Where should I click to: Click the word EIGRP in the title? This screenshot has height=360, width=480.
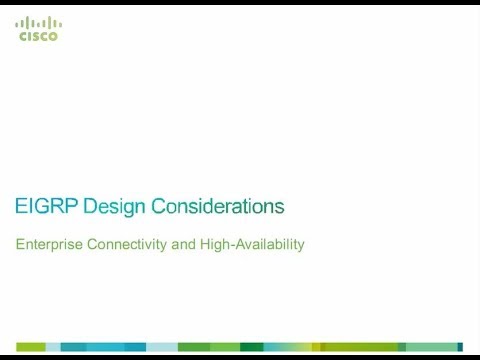tap(47, 207)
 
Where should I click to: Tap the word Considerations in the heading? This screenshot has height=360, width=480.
tap(218, 207)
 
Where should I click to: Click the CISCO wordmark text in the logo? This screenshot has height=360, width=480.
tap(39, 36)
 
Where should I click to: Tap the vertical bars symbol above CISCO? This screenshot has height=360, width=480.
tap(39, 22)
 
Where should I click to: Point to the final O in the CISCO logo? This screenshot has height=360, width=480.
tap(54, 36)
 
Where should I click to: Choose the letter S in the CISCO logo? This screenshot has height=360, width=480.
tap(36, 36)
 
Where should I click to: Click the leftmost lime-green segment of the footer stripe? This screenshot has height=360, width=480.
tap(30, 346)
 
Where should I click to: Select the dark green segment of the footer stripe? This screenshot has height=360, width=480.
tap(251, 346)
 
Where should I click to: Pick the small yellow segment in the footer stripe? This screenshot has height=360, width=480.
tap(316, 346)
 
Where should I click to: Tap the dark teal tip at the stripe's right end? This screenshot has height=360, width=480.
tap(460, 346)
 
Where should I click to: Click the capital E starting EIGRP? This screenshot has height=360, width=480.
tap(22, 207)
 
